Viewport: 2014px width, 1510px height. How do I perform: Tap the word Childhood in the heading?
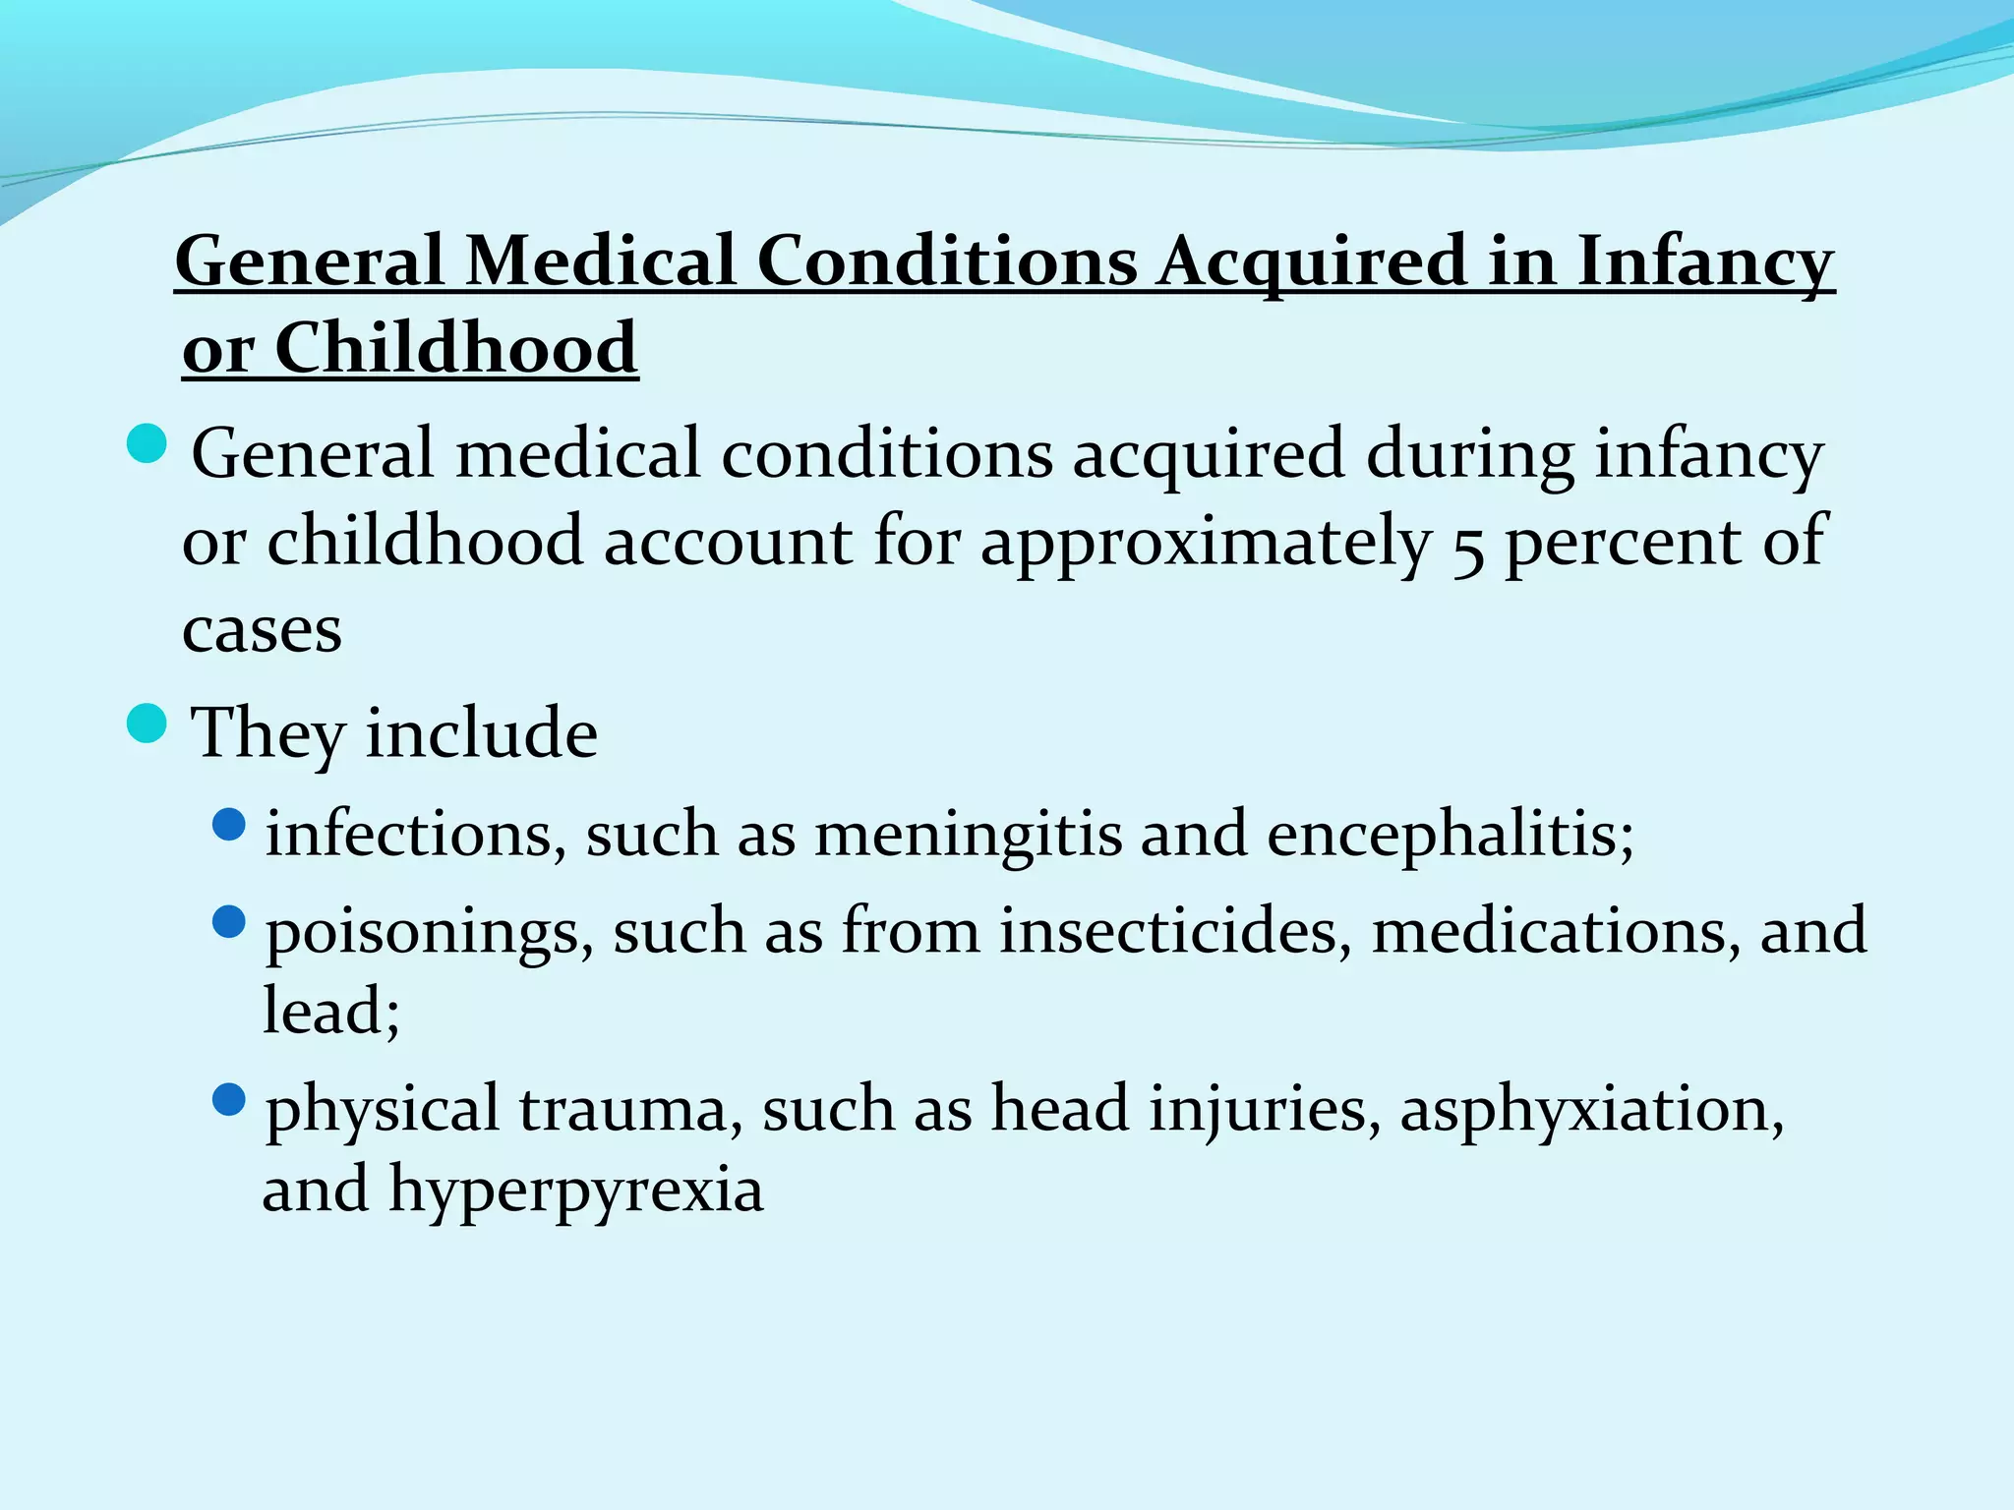(456, 348)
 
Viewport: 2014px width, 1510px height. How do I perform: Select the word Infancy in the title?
(1706, 262)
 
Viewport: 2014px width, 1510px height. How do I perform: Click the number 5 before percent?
(1467, 545)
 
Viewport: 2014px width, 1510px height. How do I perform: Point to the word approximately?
(1205, 543)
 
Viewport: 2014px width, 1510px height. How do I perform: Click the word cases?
(262, 629)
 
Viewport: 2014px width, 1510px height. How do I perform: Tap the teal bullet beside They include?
(148, 725)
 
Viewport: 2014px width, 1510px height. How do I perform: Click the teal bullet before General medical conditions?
(148, 443)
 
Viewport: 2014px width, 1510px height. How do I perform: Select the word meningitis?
(968, 835)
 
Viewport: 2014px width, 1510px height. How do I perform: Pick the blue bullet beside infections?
(228, 825)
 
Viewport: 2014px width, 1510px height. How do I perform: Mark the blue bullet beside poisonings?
(228, 921)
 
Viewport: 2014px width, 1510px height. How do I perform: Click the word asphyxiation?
(1590, 1110)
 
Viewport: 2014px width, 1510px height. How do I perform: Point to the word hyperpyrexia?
(576, 1191)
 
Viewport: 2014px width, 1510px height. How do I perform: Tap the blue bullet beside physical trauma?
(228, 1099)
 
